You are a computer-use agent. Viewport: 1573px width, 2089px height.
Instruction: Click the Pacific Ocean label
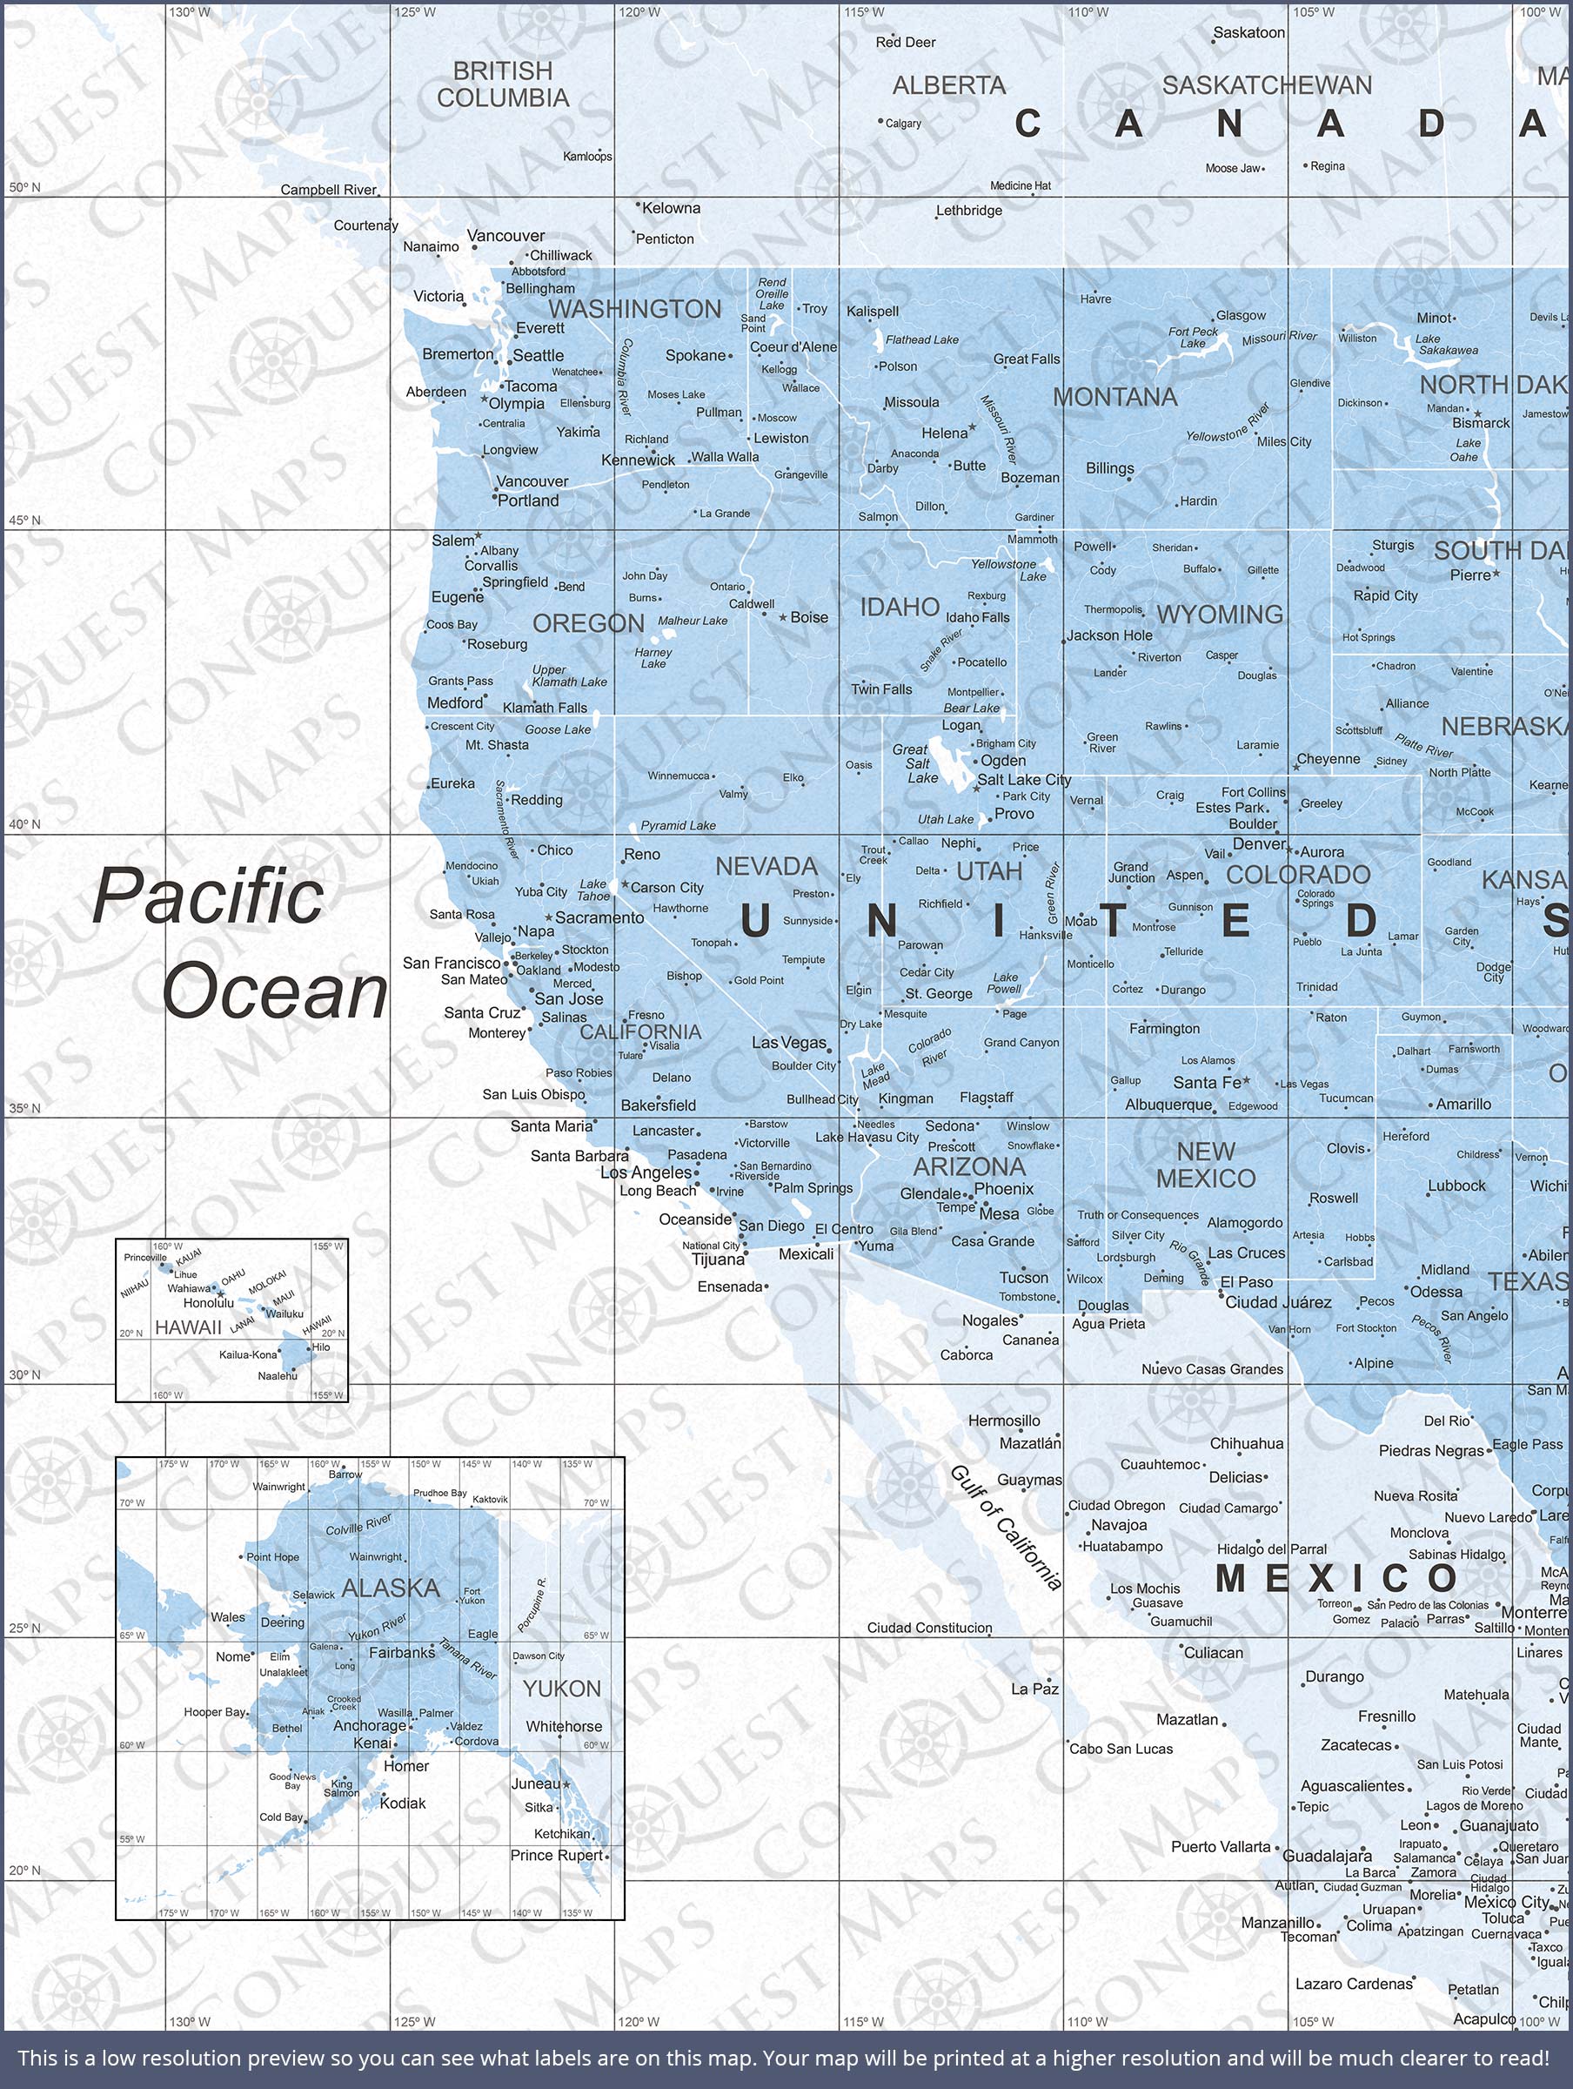(x=240, y=944)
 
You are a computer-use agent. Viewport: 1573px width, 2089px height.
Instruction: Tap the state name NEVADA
(x=766, y=866)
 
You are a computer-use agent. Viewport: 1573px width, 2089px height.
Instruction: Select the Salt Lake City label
(x=1023, y=779)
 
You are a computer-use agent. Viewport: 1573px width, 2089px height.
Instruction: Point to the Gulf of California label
(x=1006, y=1527)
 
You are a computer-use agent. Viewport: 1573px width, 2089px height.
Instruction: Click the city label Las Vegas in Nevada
(x=788, y=1043)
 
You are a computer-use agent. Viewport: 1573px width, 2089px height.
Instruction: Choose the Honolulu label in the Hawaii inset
(x=208, y=1303)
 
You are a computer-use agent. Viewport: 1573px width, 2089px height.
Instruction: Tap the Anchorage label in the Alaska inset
(x=369, y=1725)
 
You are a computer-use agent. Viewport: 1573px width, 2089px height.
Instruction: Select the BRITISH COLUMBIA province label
(x=502, y=84)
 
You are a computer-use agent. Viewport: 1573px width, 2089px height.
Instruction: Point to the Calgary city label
(x=902, y=123)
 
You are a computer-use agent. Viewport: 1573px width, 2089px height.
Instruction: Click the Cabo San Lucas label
(x=1120, y=1749)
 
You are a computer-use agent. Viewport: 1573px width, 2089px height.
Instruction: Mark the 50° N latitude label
(x=25, y=187)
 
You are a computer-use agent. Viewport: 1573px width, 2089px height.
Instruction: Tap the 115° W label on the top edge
(x=864, y=12)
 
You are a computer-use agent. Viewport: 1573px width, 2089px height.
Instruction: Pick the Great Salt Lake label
(x=916, y=763)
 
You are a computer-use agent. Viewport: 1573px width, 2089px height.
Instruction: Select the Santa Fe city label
(x=1207, y=1082)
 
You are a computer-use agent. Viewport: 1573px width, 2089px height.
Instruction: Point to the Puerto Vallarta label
(x=1221, y=1846)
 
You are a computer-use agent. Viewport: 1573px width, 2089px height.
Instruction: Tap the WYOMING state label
(x=1219, y=614)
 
